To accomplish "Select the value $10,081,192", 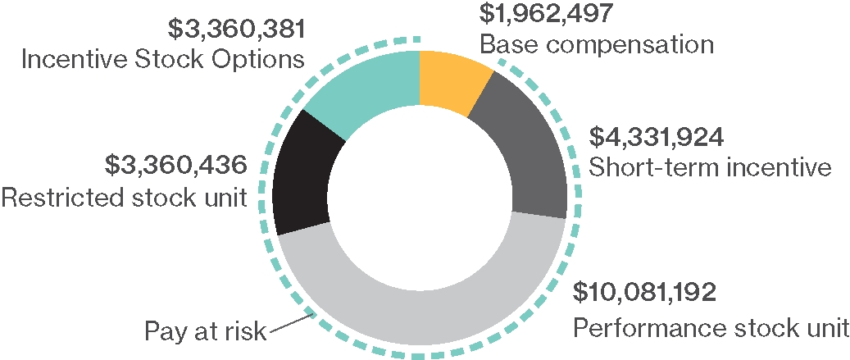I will (645, 291).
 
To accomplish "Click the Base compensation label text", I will (597, 43).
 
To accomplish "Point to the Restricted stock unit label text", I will (125, 197).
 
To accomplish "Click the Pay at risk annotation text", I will (206, 331).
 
